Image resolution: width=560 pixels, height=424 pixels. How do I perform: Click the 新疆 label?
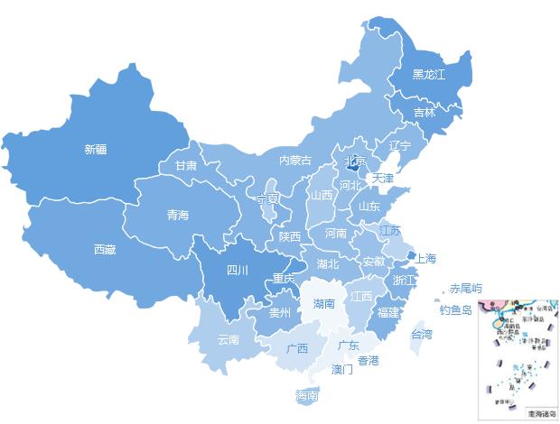point(95,150)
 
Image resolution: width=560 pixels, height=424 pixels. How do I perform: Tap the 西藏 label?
point(105,249)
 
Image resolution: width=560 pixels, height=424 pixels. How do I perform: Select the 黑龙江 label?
point(429,75)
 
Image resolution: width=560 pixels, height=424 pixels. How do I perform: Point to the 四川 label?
point(237,270)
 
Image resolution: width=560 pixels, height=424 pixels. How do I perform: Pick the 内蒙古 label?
point(294,161)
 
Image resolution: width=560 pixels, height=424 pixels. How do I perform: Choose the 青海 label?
point(178,215)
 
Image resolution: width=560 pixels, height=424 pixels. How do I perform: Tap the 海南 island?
point(307,395)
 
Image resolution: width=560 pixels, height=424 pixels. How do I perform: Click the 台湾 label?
point(422,334)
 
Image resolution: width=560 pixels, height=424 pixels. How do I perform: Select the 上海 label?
point(425,259)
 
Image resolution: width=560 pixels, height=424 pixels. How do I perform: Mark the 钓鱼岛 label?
point(456,310)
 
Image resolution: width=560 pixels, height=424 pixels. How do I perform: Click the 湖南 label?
point(324,304)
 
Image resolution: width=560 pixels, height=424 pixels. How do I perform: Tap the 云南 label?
point(229,340)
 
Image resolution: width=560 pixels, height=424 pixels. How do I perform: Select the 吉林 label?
point(425,113)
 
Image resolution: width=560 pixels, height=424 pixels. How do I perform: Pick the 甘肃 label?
point(186,166)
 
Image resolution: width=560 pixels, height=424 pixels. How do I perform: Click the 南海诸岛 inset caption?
point(541,413)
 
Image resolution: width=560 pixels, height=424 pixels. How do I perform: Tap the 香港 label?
point(369,361)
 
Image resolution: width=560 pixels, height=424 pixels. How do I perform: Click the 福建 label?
point(388,312)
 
